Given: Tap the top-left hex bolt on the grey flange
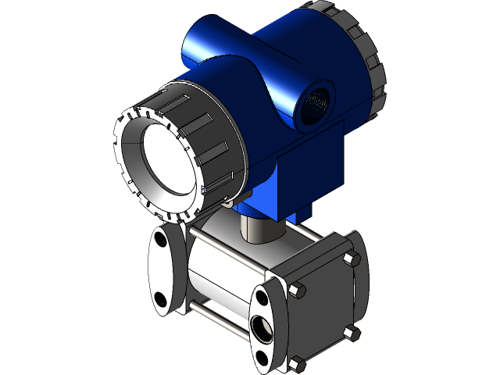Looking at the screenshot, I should [x=296, y=291].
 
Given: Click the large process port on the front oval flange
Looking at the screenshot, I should [x=259, y=325].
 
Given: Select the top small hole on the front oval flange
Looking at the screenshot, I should [x=259, y=296].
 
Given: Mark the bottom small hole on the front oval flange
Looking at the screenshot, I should [x=259, y=357].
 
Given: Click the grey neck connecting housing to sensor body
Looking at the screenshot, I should [x=252, y=227].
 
